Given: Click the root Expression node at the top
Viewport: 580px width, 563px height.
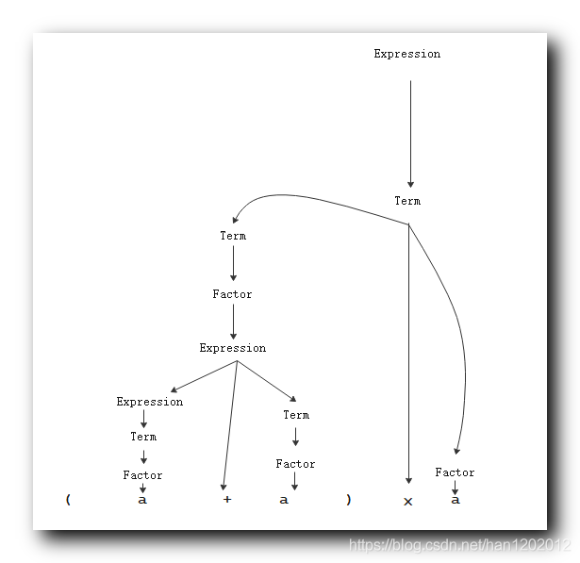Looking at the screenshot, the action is tap(406, 54).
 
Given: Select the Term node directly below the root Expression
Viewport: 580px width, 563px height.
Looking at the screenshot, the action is tap(407, 201).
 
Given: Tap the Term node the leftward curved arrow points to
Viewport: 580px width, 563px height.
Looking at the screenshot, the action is tap(233, 236).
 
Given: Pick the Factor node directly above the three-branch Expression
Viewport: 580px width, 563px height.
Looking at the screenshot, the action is tap(232, 294).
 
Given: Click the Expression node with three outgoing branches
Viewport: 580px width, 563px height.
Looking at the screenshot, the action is tap(233, 348).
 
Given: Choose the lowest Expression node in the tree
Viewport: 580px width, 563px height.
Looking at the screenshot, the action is tap(150, 402).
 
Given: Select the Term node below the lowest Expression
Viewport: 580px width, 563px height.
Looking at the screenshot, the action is tap(143, 437).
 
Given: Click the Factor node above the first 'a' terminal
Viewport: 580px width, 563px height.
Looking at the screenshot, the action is tap(142, 475).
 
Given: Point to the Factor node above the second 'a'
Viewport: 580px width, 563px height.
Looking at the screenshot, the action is tap(295, 464).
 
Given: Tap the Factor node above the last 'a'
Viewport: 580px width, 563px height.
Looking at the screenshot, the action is tap(455, 472).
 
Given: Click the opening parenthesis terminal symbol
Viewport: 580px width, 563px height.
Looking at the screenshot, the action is tap(68, 500).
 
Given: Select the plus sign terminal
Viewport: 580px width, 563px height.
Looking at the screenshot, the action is tap(226, 500).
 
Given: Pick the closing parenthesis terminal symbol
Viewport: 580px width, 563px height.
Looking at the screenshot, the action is tap(348, 500).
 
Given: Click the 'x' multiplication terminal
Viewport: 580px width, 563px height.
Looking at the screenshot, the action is tap(408, 502).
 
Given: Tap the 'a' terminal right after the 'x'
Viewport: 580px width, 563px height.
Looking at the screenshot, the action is tap(456, 500).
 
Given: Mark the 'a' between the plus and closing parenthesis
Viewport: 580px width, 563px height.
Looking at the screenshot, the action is tap(284, 500).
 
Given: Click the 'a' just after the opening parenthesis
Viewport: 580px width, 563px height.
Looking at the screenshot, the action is tap(142, 500).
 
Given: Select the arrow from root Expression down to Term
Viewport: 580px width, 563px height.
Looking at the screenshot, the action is tap(410, 132).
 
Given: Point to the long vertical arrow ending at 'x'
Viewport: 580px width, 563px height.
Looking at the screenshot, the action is tap(408, 358).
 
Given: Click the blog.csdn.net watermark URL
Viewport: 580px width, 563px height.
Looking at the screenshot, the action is tap(460, 545).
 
